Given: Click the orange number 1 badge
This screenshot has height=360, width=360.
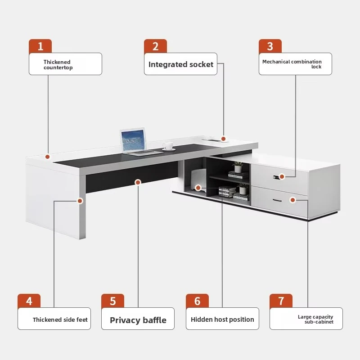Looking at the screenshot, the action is click(x=40, y=46).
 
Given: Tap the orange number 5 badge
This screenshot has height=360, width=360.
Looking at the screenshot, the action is click(x=112, y=301).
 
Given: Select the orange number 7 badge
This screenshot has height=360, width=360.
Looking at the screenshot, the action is click(x=281, y=301).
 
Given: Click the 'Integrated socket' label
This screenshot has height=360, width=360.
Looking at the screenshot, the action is click(x=181, y=64).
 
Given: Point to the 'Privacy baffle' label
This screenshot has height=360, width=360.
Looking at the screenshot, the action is click(x=138, y=320).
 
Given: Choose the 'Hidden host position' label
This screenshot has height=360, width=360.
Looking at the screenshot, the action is click(x=222, y=319).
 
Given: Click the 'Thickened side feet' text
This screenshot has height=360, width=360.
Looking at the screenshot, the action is click(x=60, y=319).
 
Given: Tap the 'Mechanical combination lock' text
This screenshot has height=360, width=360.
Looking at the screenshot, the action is click(x=292, y=64).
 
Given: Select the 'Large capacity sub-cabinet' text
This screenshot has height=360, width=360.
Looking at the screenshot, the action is click(x=315, y=319).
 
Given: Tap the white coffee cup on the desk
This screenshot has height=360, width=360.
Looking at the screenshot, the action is click(x=168, y=146).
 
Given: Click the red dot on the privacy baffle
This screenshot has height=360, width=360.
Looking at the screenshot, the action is click(x=138, y=182).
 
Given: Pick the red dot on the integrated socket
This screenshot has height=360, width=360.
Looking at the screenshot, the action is click(x=223, y=139).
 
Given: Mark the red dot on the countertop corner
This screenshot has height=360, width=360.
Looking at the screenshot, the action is click(x=48, y=157).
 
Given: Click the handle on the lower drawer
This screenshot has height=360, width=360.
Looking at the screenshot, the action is click(x=277, y=200).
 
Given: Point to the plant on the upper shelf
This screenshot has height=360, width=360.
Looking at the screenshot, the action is click(x=238, y=167).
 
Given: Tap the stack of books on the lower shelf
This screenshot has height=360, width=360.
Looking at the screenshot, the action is click(x=227, y=192).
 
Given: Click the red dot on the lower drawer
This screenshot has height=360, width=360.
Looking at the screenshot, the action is click(x=292, y=200).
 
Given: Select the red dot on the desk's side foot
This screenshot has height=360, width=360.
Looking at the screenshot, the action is click(x=80, y=201).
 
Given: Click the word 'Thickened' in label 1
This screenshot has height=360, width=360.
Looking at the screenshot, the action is click(x=57, y=62).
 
